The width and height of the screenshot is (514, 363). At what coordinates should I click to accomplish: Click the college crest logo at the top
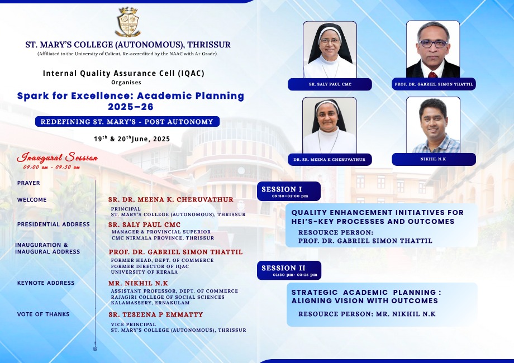coord(128,22)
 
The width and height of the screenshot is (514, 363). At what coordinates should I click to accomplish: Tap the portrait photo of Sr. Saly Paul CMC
coord(330,50)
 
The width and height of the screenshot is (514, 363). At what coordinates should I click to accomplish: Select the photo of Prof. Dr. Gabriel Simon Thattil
coord(433,49)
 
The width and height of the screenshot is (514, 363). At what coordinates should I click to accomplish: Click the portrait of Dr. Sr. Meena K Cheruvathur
coord(330,126)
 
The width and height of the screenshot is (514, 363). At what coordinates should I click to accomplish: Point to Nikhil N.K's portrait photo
coord(434,125)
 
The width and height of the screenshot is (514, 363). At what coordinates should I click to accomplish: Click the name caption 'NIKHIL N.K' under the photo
coord(433,159)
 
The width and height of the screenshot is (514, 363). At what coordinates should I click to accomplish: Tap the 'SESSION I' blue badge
coord(289,192)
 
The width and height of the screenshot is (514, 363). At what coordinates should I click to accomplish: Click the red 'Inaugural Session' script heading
coord(58,157)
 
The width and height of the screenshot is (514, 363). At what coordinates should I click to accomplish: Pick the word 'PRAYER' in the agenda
coord(28,183)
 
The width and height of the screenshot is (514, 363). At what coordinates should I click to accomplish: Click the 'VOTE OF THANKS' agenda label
coord(43,314)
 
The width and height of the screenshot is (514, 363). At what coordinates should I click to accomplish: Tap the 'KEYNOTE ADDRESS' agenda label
coord(46,283)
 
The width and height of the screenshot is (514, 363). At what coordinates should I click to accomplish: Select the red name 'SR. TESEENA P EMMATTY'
coord(156,314)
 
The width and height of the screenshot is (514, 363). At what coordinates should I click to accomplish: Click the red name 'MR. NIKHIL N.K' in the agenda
coord(138,283)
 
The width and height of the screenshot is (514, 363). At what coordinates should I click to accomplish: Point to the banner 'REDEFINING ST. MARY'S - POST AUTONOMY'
coord(127,122)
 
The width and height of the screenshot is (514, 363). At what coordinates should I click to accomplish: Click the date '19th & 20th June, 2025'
coord(132,139)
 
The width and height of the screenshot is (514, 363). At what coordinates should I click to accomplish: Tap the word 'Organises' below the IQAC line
coord(126,83)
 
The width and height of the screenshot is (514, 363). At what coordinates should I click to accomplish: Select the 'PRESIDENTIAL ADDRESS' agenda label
coord(54,225)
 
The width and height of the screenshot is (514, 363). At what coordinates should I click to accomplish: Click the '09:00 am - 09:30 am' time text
coord(51,167)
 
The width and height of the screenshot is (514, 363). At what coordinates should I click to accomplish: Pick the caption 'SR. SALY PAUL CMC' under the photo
coord(330,84)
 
